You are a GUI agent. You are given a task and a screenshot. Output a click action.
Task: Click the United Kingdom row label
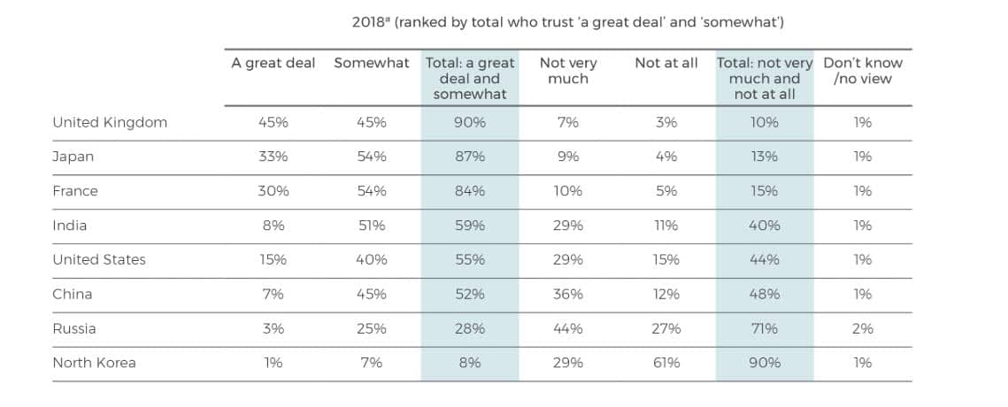(110, 122)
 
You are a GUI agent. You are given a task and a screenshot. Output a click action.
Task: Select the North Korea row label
(94, 363)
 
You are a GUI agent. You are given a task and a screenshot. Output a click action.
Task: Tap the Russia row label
(74, 328)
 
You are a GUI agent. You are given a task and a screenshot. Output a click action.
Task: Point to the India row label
(70, 226)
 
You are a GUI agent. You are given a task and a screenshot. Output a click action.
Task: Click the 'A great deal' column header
(273, 64)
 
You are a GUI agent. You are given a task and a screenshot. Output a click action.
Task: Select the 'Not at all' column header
(666, 64)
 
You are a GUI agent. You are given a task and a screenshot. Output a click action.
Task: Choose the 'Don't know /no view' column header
(863, 71)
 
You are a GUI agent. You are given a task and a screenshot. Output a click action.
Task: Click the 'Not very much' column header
(568, 71)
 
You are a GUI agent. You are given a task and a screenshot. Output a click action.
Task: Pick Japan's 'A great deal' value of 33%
(273, 157)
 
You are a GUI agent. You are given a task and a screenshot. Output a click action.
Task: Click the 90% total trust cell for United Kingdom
(470, 122)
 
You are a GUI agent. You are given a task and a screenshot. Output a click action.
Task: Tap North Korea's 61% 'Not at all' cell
(666, 363)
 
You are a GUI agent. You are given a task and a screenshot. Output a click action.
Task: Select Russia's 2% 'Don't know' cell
(863, 328)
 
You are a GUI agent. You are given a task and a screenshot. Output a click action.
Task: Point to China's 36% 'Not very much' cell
(568, 294)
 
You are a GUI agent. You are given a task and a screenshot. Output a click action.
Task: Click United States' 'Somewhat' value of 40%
(372, 260)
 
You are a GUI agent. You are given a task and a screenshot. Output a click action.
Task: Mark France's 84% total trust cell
(470, 191)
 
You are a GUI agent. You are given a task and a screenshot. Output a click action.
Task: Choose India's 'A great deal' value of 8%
(273, 226)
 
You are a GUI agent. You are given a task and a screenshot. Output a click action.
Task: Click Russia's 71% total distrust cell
(765, 328)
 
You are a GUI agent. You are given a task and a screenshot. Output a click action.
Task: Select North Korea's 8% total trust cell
(470, 363)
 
